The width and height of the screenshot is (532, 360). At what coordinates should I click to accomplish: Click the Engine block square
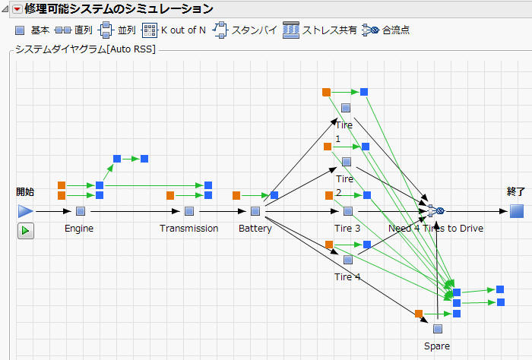click(80, 211)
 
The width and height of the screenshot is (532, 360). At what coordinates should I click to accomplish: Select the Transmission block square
click(189, 211)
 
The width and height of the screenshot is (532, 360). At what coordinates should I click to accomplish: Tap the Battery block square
click(255, 211)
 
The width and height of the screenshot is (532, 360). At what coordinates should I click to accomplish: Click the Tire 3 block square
click(348, 211)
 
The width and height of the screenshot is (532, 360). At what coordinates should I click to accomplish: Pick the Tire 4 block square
click(348, 260)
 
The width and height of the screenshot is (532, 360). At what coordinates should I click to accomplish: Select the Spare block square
click(437, 329)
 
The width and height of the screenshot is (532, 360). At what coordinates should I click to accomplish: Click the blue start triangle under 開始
click(26, 211)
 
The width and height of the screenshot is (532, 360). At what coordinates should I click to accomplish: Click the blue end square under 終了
click(517, 211)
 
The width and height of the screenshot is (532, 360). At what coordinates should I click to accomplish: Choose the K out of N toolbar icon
click(150, 30)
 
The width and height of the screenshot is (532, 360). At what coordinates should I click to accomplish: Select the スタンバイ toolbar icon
click(220, 30)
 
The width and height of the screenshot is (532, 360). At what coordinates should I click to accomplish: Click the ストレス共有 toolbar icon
click(291, 30)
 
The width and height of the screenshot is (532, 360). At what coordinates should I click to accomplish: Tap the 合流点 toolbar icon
click(370, 30)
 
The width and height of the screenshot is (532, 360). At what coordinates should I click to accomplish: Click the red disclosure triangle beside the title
click(17, 10)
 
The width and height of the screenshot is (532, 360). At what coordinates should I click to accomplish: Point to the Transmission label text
click(189, 229)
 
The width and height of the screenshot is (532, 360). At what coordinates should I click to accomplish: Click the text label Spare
click(437, 346)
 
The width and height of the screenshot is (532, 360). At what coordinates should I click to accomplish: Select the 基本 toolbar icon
click(21, 30)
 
